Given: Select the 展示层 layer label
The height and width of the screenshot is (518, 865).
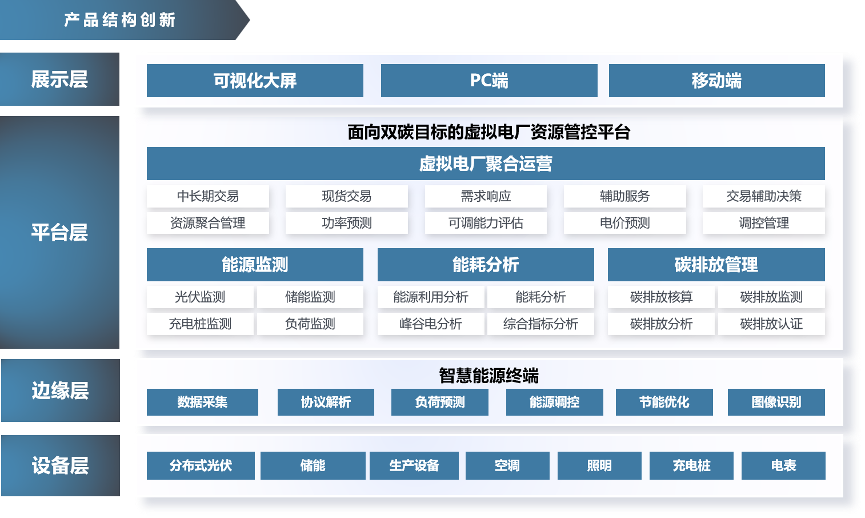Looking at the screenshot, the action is [x=59, y=79].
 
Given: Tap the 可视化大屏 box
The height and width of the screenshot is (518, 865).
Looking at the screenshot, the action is [x=255, y=81].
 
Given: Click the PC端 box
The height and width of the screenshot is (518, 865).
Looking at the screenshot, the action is [x=489, y=81].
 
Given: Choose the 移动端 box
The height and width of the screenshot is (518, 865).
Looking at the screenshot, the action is [x=716, y=81].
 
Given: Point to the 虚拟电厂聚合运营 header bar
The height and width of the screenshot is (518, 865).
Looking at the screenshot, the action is [x=486, y=164].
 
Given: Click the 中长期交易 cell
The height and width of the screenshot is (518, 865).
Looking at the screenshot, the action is [x=208, y=196].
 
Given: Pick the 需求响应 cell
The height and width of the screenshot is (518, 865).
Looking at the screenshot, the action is [x=486, y=196].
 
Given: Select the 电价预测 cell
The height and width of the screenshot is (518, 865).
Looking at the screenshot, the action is [x=625, y=223].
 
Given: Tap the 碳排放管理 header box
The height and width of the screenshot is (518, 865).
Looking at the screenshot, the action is [x=716, y=265].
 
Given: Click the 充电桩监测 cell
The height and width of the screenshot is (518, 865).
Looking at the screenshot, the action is [x=200, y=324].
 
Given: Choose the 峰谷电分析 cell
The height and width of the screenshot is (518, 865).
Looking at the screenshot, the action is [x=431, y=324].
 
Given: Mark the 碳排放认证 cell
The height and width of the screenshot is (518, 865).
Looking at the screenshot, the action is [x=771, y=324].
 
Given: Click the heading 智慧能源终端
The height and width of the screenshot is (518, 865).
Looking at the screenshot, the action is [x=489, y=376].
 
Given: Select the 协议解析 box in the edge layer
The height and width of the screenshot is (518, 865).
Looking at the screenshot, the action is [x=326, y=402].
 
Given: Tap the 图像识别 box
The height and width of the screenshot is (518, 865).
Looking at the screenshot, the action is [x=776, y=402].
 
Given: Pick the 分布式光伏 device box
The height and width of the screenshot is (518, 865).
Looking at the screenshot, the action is [x=201, y=465].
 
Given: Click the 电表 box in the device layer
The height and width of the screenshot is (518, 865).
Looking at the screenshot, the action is [x=783, y=465].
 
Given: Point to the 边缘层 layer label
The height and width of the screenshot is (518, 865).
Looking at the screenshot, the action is [x=60, y=391].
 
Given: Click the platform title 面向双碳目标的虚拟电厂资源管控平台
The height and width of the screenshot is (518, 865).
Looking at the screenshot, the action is [x=489, y=132].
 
